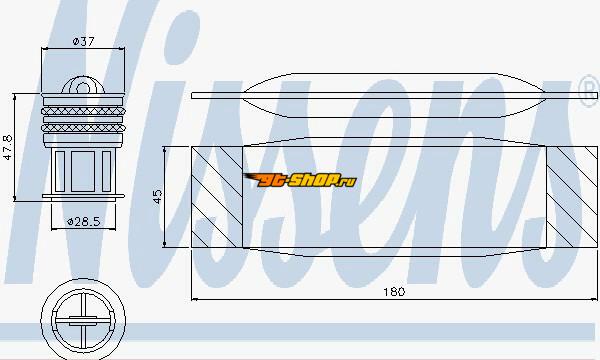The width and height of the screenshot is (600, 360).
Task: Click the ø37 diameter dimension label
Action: (x=83, y=41)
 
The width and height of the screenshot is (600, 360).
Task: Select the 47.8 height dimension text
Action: (x=8, y=147)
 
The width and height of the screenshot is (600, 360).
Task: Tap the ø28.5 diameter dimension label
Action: (x=83, y=221)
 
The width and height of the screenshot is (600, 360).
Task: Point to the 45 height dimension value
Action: (x=157, y=197)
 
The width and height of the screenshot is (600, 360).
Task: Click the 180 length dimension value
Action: (x=394, y=292)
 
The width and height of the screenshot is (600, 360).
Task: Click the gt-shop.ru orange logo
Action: (x=300, y=180)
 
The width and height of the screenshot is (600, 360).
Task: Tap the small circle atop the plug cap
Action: (x=83, y=88)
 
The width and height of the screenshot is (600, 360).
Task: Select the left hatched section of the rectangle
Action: (x=217, y=197)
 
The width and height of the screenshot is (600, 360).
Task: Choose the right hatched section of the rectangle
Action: (x=572, y=197)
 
